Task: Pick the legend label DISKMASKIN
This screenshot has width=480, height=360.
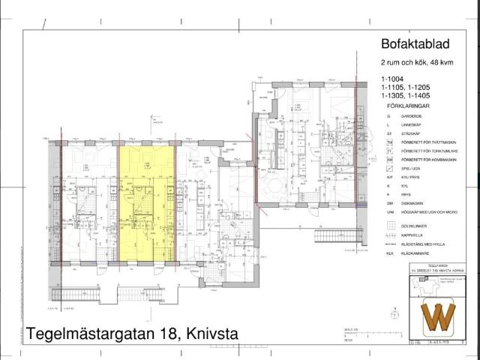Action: click(412, 203)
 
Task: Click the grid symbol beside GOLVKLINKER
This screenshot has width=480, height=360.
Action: click(390, 225)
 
